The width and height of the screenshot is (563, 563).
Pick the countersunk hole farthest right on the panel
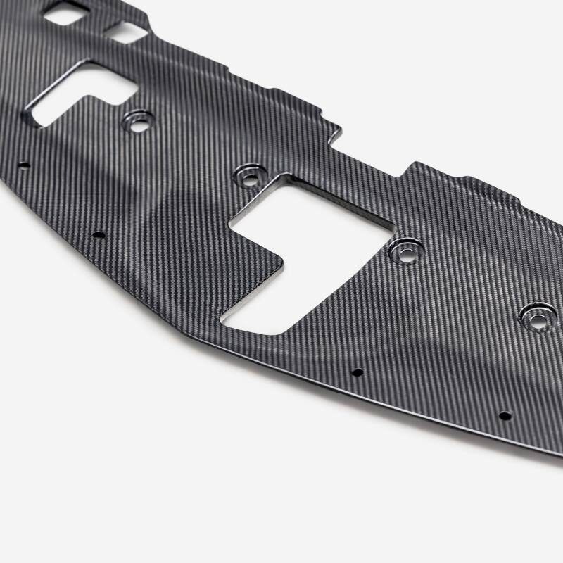pos(537,319)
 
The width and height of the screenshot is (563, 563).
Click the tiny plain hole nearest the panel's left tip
pos(25,166)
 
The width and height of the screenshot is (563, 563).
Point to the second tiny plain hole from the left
pos(99,234)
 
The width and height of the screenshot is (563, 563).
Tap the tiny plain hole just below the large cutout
pos(357,372)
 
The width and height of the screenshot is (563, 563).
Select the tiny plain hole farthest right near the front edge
pos(505,415)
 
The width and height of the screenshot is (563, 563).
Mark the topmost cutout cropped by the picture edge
pos(67,12)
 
